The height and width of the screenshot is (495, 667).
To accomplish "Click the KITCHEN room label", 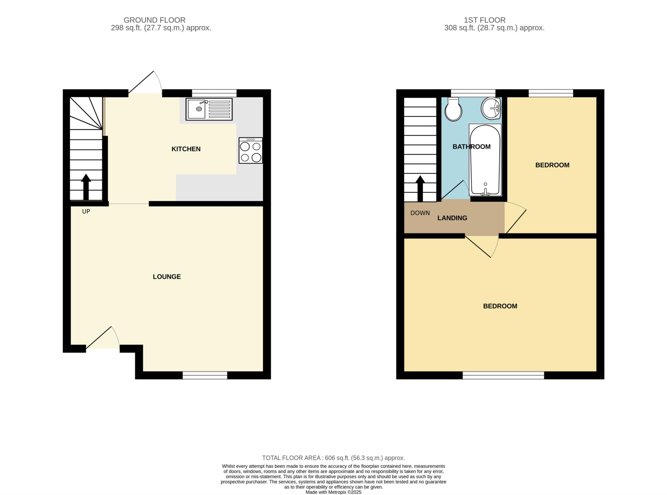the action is pyautogui.click(x=186, y=149).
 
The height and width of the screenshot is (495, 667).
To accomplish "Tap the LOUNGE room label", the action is pyautogui.click(x=167, y=277).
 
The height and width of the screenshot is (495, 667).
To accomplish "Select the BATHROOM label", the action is pyautogui.click(x=472, y=147).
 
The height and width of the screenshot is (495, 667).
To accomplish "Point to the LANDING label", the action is pyautogui.click(x=452, y=218).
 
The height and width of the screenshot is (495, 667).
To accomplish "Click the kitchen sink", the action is pyautogui.click(x=209, y=109).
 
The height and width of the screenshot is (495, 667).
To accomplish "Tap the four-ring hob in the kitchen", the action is pyautogui.click(x=250, y=150).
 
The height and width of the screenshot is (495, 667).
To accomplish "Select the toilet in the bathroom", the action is pyautogui.click(x=453, y=109).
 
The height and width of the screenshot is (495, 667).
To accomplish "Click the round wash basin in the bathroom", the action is pyautogui.click(x=491, y=108).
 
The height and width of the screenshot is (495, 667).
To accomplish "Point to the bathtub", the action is pyautogui.click(x=485, y=160).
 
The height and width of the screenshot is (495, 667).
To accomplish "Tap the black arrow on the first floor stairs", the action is pyautogui.click(x=420, y=189).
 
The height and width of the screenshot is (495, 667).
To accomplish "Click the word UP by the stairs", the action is pyautogui.click(x=86, y=212).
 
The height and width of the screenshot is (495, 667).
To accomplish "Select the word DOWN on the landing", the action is pyautogui.click(x=420, y=213).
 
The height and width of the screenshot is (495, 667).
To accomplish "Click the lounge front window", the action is pyautogui.click(x=205, y=375).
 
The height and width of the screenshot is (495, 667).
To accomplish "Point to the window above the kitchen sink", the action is pyautogui.click(x=214, y=93).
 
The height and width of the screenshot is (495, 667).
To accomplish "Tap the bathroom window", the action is pyautogui.click(x=473, y=93).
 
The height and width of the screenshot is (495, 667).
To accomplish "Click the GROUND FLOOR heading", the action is pyautogui.click(x=154, y=20).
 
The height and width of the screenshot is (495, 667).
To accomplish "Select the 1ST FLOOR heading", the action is pyautogui.click(x=485, y=20).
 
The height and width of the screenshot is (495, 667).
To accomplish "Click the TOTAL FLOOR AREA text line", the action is pyautogui.click(x=333, y=458).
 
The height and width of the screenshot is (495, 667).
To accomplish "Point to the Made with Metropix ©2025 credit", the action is pyautogui.click(x=333, y=492).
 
